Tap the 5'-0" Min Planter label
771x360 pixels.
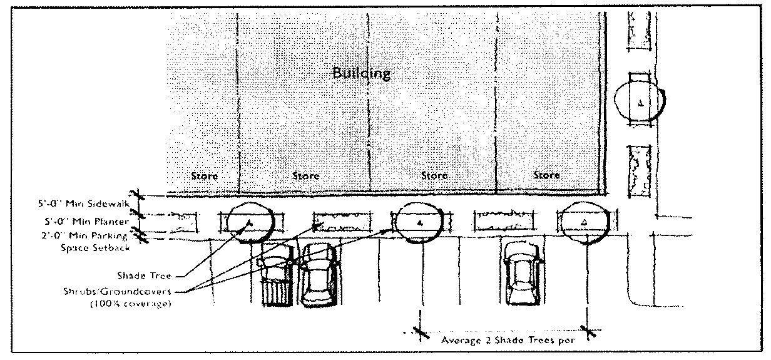87,221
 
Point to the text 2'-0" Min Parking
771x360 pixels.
86,236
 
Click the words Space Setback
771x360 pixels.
99,247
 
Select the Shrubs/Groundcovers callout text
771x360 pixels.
136,292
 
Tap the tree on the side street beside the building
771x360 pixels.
640,103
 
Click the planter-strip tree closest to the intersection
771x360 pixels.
583,222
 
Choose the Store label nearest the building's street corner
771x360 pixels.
546,175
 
